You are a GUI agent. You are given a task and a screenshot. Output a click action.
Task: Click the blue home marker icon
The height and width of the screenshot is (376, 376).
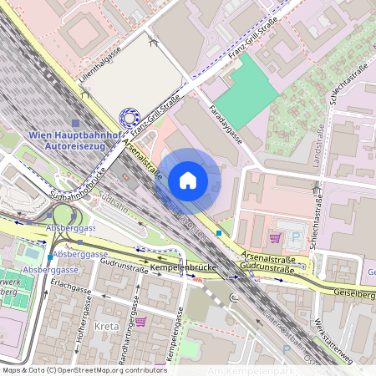click(x=188, y=180)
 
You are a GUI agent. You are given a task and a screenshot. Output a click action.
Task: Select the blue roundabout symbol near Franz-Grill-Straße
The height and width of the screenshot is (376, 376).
click(x=130, y=119)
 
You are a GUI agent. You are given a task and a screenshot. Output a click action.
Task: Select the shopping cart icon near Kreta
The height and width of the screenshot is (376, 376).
click(x=140, y=321)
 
